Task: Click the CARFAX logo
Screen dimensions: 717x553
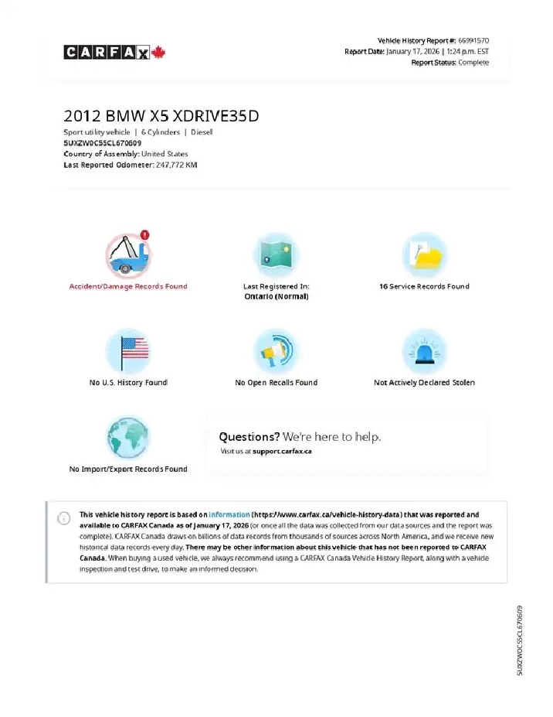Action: [115, 53]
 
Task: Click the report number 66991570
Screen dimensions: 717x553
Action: [473, 40]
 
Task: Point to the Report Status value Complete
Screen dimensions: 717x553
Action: [473, 63]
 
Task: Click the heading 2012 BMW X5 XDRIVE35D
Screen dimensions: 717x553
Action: [161, 116]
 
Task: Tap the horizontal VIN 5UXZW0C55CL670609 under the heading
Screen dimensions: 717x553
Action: [102, 143]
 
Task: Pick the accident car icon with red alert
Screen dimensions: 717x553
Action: [128, 255]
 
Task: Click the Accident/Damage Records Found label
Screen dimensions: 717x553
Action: [128, 286]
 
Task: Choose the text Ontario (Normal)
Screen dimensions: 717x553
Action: [276, 296]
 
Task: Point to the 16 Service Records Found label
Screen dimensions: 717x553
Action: [424, 286]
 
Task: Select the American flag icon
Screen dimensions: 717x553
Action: [128, 352]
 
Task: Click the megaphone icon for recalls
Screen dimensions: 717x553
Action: [276, 352]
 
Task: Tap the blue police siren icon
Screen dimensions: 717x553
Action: [424, 352]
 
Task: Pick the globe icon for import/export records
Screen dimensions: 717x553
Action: [128, 438]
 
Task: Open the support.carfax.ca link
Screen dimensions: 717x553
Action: [282, 451]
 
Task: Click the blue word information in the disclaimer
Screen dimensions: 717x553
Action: [229, 514]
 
